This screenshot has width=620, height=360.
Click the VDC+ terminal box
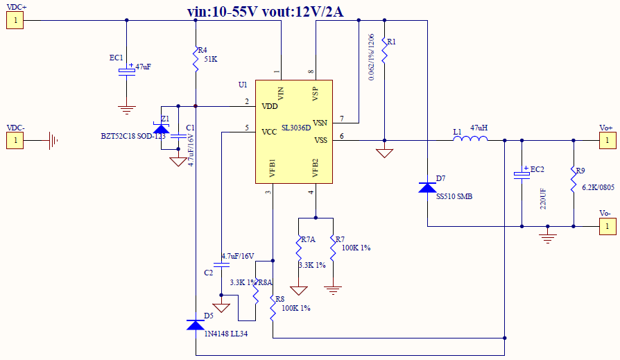[15, 20]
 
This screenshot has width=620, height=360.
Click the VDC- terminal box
[15, 141]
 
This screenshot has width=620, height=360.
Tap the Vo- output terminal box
[607, 226]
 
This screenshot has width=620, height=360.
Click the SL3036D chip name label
[296, 128]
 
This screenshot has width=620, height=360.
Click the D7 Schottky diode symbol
[428, 187]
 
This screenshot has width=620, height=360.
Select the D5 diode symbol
[196, 324]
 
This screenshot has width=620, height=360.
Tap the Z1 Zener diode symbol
[161, 129]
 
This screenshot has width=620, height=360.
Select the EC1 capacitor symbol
[126, 71]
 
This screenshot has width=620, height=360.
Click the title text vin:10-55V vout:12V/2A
[266, 11]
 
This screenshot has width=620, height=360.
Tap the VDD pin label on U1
[269, 106]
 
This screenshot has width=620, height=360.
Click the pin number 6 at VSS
[341, 136]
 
